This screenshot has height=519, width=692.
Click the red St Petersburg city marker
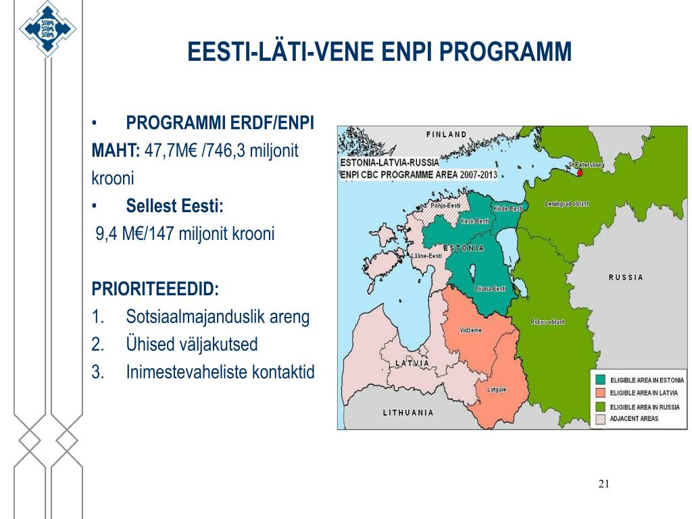[580, 172]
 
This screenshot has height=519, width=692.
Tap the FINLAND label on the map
[446, 134]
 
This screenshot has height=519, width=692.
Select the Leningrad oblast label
[567, 204]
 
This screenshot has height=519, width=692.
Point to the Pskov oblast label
[547, 322]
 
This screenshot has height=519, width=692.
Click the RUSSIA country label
[625, 278]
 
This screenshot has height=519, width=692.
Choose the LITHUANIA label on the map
[407, 413]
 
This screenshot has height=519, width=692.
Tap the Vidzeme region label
[470, 330]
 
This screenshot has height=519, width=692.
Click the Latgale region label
[497, 390]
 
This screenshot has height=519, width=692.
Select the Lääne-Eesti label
[426, 256]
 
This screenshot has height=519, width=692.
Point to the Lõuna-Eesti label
[490, 289]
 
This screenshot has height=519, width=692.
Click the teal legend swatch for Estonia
[600, 380]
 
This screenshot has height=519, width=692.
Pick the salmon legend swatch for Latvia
[600, 393]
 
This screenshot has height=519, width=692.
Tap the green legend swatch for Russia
[600, 406]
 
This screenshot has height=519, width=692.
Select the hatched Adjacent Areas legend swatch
[600, 419]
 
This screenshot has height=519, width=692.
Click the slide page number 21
[603, 484]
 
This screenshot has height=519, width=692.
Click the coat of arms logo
[47, 28]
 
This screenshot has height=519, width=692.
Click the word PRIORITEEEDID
[155, 289]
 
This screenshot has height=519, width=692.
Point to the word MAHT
[116, 151]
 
